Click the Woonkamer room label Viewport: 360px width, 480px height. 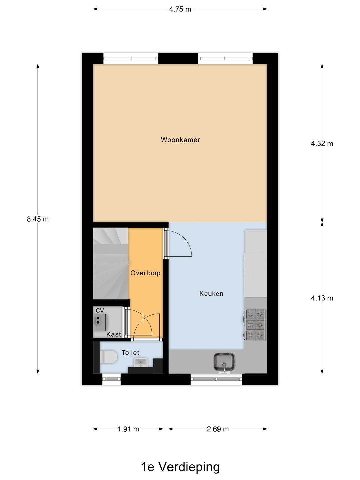[180, 140]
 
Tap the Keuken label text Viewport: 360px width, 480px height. [211, 294]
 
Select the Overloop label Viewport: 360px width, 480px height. [145, 273]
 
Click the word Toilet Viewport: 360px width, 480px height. [130, 353]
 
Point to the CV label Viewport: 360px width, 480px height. [100, 310]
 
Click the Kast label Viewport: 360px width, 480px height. [114, 334]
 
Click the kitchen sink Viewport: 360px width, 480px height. [224, 362]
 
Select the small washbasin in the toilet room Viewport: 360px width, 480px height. [140, 362]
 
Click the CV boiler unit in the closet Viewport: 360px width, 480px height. [99, 320]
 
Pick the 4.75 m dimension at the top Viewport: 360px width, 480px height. [180, 9]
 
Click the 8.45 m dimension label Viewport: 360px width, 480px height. [38, 219]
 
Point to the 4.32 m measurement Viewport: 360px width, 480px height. [322, 144]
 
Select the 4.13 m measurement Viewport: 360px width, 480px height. [322, 298]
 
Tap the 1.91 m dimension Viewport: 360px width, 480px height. [128, 429]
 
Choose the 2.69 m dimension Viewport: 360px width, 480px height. [218, 429]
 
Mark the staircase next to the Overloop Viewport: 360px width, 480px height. [110, 263]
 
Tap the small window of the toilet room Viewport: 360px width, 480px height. [111, 379]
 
